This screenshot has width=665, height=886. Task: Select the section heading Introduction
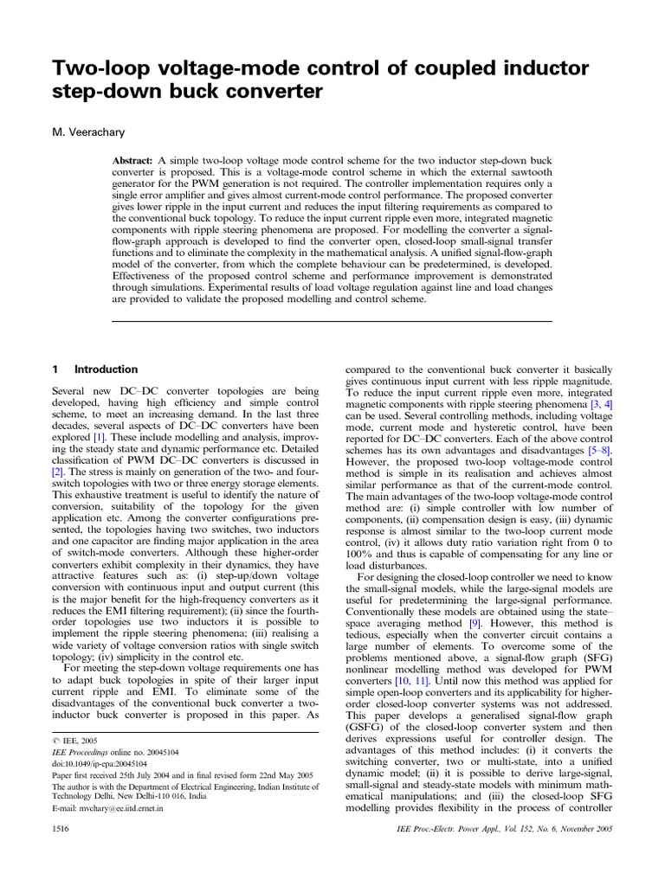pos(107,369)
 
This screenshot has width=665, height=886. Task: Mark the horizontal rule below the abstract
pos(332,322)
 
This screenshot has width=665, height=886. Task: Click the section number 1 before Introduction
pos(55,369)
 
